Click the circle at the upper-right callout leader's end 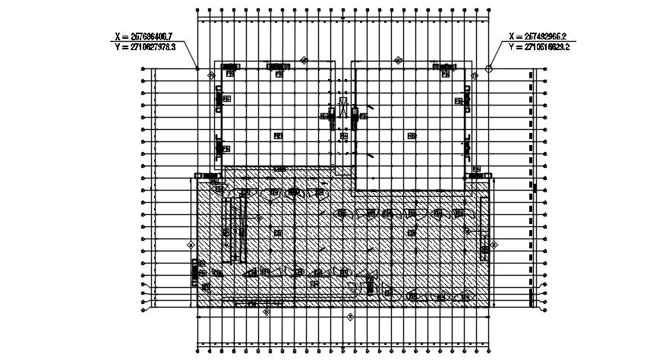click(489, 68)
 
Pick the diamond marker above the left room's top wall click(305, 60)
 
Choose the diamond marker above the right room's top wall click(397, 60)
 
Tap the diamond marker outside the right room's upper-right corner click(475, 75)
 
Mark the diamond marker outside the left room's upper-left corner click(210, 75)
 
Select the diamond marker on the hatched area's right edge click(493, 245)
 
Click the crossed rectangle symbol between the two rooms click(343, 107)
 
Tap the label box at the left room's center click(278, 136)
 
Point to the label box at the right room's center click(412, 136)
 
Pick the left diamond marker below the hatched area click(266, 311)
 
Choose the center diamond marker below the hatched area click(350, 316)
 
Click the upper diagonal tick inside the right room click(370, 109)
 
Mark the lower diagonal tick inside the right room click(370, 155)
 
